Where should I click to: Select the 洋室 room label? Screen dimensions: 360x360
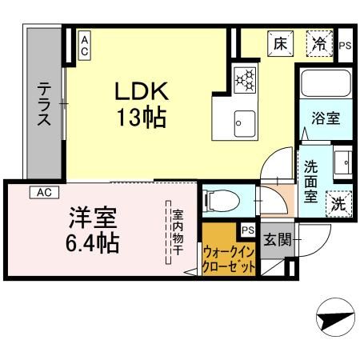[x=93, y=216]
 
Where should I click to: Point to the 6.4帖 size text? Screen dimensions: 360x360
[x=92, y=242]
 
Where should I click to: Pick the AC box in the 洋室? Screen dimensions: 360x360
[x=44, y=193]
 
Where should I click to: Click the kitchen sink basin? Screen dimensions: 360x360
[x=241, y=122]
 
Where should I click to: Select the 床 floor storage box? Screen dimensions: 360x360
[x=280, y=45]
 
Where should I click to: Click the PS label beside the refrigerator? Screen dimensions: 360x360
[x=345, y=46]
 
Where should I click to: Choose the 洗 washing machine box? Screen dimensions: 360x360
[x=339, y=202]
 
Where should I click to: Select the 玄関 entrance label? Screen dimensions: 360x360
[x=276, y=238]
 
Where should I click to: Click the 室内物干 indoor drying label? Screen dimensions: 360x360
[x=178, y=230]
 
